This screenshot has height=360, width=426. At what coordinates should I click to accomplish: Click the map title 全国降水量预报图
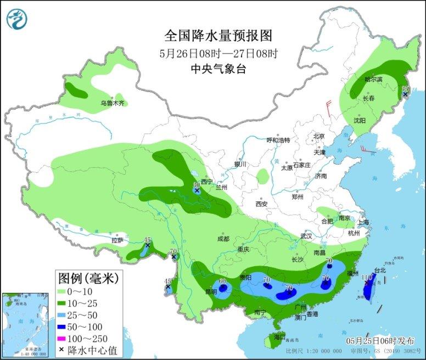coord(218,36)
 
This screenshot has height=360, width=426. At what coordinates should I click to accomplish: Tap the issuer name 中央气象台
coord(218,69)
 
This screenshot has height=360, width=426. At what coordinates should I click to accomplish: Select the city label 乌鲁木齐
coord(113,103)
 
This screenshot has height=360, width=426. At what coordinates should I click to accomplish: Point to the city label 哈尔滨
coord(373,80)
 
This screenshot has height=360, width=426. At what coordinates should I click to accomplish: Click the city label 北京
coord(319,136)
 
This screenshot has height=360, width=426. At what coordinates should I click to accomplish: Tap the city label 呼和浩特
coord(278,140)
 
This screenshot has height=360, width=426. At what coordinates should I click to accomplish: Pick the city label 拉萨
coord(117,240)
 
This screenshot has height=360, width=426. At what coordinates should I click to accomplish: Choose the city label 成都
coord(223,239)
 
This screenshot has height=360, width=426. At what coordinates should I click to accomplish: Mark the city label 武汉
coord(306,236)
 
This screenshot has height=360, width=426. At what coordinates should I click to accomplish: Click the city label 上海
coord(363,222)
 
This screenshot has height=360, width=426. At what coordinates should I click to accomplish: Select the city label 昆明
coord(204,291)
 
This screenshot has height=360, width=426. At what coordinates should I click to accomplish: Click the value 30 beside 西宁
coord(197,185)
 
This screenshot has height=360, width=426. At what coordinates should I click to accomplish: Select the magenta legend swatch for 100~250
coord(65,338)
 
